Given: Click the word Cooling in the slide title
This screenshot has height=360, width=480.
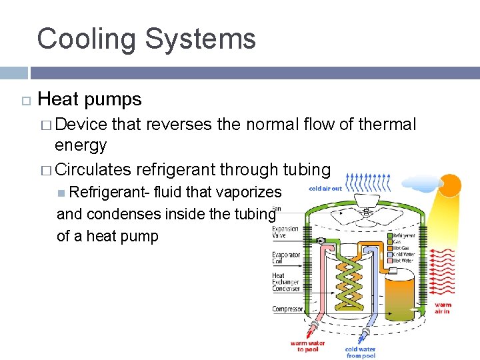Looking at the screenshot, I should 86,39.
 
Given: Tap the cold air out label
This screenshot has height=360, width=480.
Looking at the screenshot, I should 325,189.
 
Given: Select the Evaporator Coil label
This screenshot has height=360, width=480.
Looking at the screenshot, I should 286,258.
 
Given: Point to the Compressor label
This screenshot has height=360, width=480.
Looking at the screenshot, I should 287,309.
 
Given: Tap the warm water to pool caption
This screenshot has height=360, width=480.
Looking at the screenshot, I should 307,347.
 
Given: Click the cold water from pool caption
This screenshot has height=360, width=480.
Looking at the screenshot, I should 360,351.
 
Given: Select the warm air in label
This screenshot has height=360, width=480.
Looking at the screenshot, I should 442,308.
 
